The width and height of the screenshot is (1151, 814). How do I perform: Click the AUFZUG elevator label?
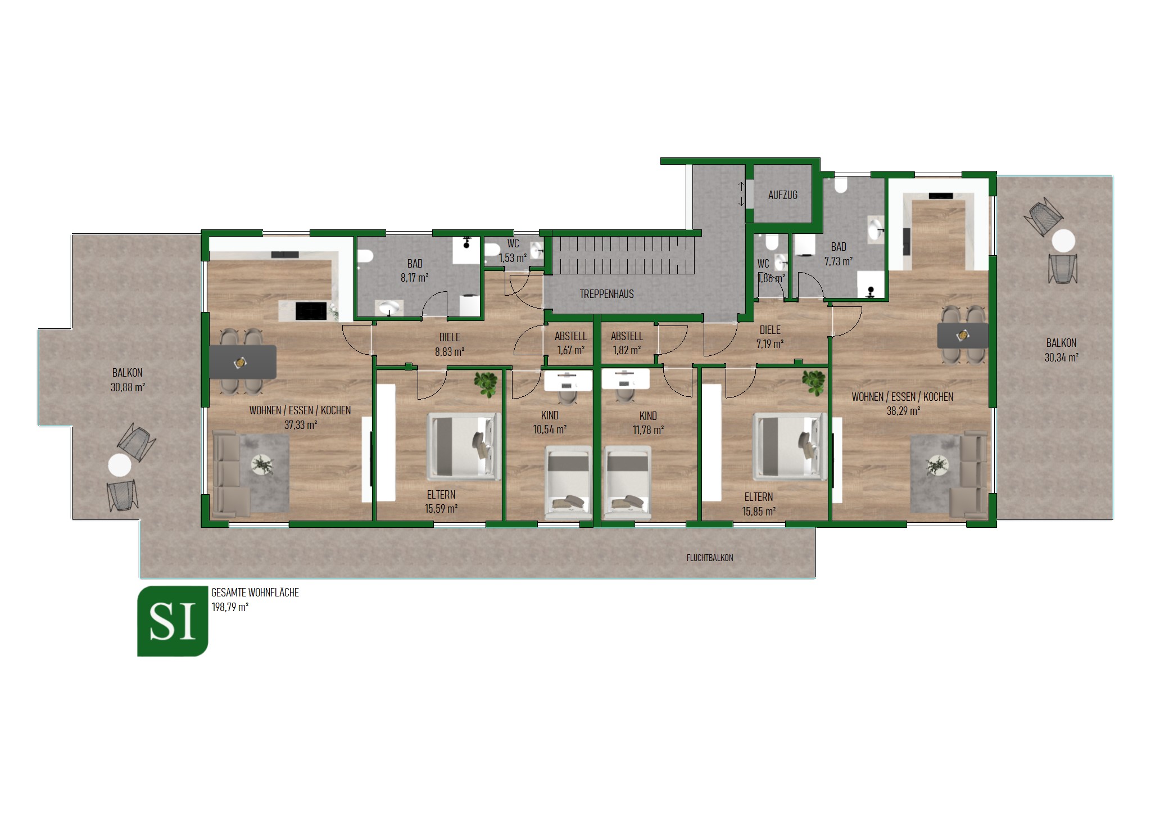[782, 195]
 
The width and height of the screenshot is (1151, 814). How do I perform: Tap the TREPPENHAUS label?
[606, 293]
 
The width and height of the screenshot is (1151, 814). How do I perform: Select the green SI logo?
[173, 621]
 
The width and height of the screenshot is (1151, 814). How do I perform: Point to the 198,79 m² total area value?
[230, 607]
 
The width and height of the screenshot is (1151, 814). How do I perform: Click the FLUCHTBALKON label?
[709, 558]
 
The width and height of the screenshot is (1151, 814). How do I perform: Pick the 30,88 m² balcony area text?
[128, 387]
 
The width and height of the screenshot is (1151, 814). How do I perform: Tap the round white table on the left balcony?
[120, 465]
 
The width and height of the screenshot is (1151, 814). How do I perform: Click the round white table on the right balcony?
[1063, 241]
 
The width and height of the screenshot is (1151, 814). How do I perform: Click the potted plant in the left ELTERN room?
[486, 383]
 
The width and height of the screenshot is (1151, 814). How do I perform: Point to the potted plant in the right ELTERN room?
[813, 383]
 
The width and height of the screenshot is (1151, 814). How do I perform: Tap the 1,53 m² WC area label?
[513, 258]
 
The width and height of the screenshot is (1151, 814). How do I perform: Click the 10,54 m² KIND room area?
[550, 430]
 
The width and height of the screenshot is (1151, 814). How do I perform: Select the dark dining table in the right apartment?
[962, 336]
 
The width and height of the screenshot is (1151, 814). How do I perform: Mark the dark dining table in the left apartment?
[243, 362]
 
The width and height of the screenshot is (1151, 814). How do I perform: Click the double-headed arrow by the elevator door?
[741, 194]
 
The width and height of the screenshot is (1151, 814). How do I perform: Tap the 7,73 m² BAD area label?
[838, 261]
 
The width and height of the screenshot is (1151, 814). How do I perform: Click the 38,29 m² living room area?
[903, 411]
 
